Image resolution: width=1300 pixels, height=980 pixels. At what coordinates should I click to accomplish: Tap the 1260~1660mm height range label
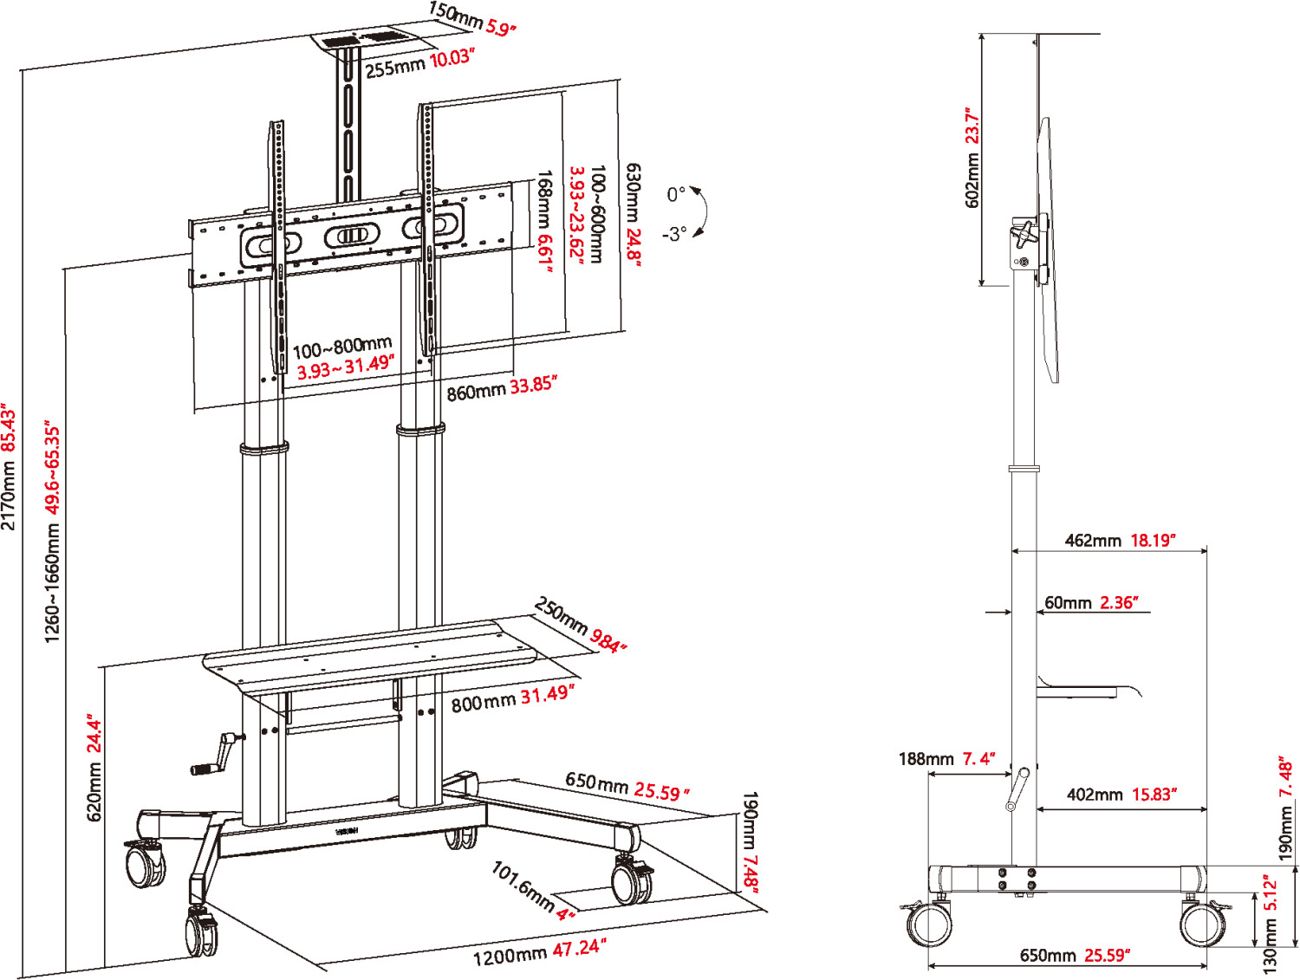pyautogui.click(x=53, y=532)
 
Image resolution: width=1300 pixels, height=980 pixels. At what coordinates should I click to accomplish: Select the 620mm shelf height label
pyautogui.click(x=94, y=768)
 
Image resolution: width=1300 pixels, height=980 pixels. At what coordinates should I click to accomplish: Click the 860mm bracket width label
pyautogui.click(x=501, y=388)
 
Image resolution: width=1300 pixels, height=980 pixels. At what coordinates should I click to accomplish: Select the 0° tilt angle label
pyautogui.click(x=676, y=194)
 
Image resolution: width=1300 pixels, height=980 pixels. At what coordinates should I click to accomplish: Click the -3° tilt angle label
pyautogui.click(x=674, y=234)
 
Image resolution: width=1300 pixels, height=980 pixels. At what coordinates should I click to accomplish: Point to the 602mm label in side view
pyautogui.click(x=972, y=157)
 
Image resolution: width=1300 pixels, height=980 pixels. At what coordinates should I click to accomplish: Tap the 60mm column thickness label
pyautogui.click(x=1091, y=603)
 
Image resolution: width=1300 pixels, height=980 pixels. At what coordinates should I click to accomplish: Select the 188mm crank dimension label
pyautogui.click(x=946, y=759)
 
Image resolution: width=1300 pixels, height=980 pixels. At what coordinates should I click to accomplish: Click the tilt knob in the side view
pyautogui.click(x=1026, y=233)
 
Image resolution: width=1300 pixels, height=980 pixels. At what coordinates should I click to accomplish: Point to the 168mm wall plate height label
pyautogui.click(x=544, y=220)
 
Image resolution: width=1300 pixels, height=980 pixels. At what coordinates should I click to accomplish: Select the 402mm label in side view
pyautogui.click(x=1121, y=795)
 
